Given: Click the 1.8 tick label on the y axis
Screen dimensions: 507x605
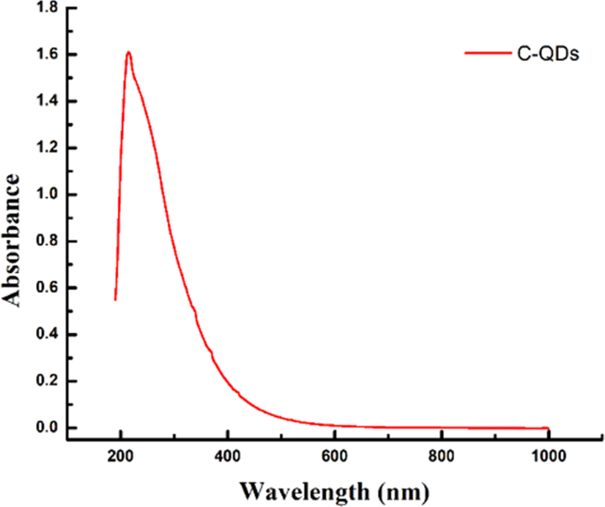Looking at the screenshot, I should click(x=46, y=8).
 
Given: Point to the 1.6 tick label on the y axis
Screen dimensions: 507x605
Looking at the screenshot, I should click(x=46, y=55).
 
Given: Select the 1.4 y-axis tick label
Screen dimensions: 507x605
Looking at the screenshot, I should click(x=46, y=102).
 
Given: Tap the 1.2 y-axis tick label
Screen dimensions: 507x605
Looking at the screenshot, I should click(x=46, y=148).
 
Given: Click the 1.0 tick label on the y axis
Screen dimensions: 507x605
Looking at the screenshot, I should click(x=46, y=195).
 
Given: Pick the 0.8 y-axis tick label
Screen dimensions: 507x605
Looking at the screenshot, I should click(x=46, y=241).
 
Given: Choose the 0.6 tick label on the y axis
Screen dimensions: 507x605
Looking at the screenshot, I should click(x=46, y=288).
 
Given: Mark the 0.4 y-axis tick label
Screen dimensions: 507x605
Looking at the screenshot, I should click(x=46, y=335).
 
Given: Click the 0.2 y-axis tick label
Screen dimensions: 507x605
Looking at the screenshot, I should click(x=46, y=382).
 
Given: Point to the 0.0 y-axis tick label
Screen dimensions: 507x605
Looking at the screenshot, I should click(x=46, y=428).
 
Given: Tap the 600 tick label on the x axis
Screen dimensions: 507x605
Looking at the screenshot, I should click(x=334, y=458).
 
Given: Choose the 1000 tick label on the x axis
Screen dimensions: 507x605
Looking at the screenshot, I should click(x=548, y=458).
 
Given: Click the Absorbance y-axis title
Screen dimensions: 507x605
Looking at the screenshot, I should click(x=12, y=239).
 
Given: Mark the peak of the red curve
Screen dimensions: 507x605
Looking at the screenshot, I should click(x=129, y=52).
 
